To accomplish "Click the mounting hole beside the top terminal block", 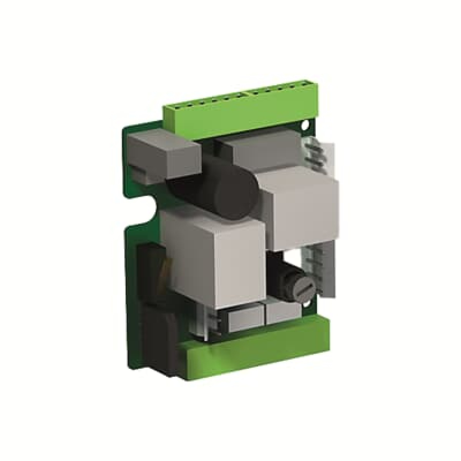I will click(x=306, y=125).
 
